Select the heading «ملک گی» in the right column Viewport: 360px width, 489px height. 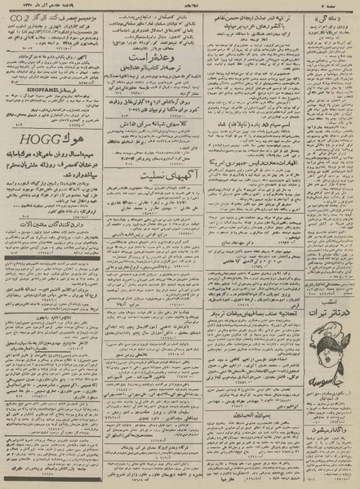coord(337,16)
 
